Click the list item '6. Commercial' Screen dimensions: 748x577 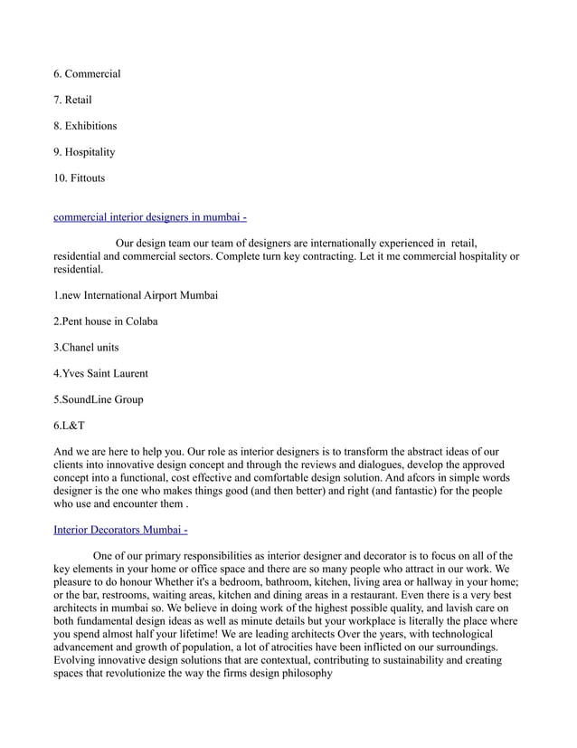[x=87, y=73]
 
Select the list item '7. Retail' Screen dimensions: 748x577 [x=72, y=100]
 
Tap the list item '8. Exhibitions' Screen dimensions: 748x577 [x=85, y=126]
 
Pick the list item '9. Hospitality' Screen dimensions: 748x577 [x=84, y=152]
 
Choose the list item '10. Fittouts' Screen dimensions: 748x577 [x=80, y=178]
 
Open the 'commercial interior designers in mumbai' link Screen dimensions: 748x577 [x=150, y=217]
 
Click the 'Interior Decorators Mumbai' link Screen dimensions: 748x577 [x=120, y=530]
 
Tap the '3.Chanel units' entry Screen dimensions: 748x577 [x=86, y=348]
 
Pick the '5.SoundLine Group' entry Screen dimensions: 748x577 [x=99, y=399]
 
